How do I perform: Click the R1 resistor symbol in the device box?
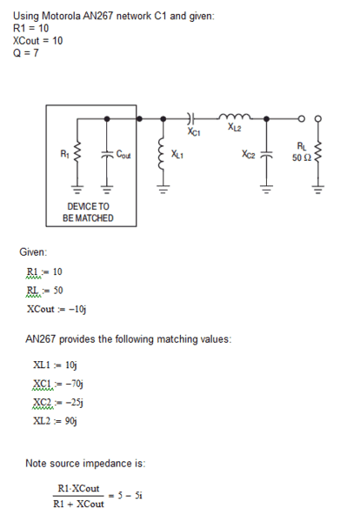point(77,155)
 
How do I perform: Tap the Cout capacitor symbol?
point(107,155)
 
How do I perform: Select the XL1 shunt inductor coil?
point(163,155)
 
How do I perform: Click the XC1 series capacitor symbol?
point(190,118)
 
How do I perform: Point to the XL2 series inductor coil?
point(235,117)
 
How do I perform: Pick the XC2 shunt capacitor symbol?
point(266,155)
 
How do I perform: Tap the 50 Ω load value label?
point(302,157)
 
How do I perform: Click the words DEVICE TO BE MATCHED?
point(88,212)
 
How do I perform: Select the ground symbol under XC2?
point(266,190)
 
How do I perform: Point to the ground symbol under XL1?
point(163,190)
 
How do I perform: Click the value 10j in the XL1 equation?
point(70,365)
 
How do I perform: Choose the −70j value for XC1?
point(75,384)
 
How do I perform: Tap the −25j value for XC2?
point(75,403)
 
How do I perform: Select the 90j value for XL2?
point(70,421)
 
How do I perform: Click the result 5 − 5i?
point(130,496)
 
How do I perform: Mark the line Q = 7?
point(26,53)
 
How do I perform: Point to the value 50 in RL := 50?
point(58,291)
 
